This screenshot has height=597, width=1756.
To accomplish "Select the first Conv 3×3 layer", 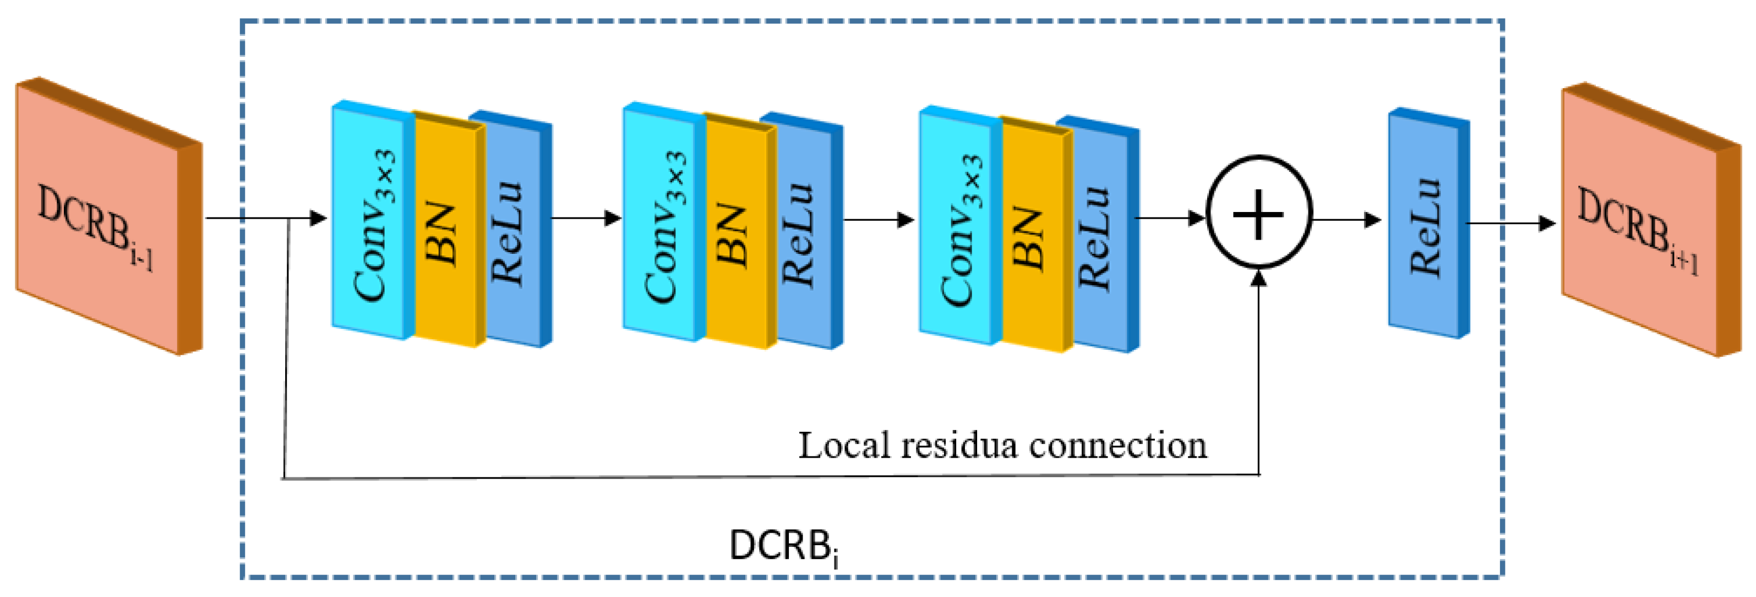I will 372,222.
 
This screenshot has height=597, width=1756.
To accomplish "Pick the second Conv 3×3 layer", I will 663,224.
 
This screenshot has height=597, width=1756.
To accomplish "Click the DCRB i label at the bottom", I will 784,546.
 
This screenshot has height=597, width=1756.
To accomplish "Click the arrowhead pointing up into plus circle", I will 1258,278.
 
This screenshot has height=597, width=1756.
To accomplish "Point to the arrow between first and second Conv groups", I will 586,218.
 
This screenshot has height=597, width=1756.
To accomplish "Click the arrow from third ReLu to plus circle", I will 1169,218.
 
